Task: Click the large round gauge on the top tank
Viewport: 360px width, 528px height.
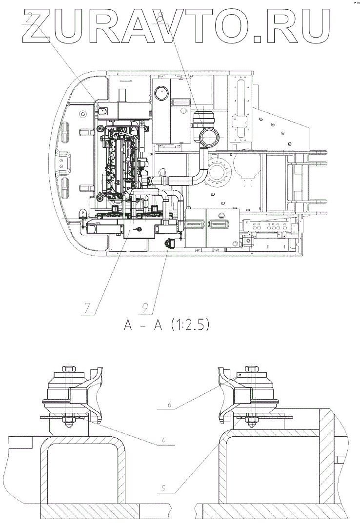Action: [x=161, y=94]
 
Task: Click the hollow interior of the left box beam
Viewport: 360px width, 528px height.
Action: [x=82, y=473]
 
